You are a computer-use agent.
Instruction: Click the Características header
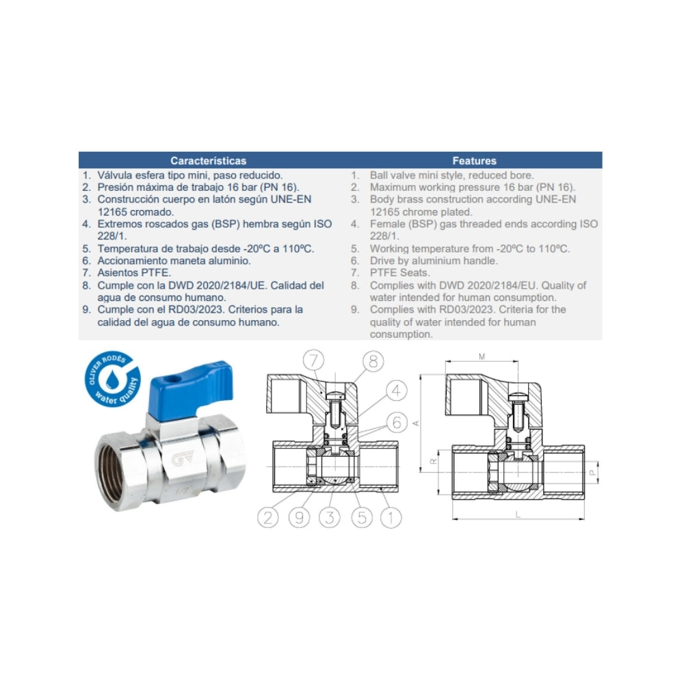pos(208,161)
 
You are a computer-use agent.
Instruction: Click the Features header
pos(474,161)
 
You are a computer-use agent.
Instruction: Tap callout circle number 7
pos(314,360)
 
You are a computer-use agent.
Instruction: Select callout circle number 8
pos(373,361)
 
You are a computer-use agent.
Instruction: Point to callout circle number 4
pos(396,391)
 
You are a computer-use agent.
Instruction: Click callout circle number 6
pos(397,422)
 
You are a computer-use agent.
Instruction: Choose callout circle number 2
pos(268,518)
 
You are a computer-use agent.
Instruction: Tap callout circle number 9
pos(300,518)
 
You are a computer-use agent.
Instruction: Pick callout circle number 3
pos(330,518)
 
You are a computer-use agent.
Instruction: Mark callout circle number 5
pos(362,518)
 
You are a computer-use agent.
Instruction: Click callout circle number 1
pos(391,518)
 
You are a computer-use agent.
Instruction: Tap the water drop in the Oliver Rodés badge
pos(113,378)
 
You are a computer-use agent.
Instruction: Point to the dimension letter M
pos(482,357)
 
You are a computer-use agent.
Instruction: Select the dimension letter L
pos(518,515)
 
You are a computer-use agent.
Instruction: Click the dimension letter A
pos(416,423)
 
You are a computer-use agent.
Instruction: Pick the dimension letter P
pos(592,473)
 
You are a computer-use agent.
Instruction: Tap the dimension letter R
pos(434,461)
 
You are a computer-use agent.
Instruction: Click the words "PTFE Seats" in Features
pos(399,273)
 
